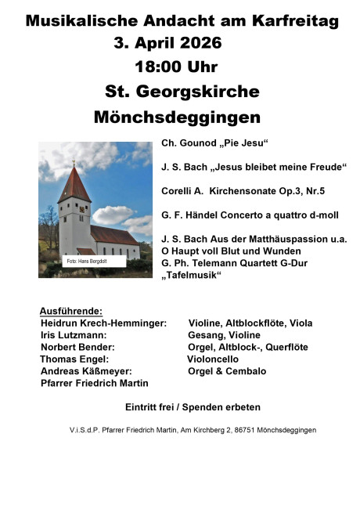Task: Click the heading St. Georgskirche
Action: [x=182, y=92]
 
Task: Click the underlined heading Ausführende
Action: [x=71, y=311]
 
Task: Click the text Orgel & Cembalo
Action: [x=227, y=371]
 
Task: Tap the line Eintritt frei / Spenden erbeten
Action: [x=193, y=407]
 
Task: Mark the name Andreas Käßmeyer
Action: [x=86, y=371]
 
